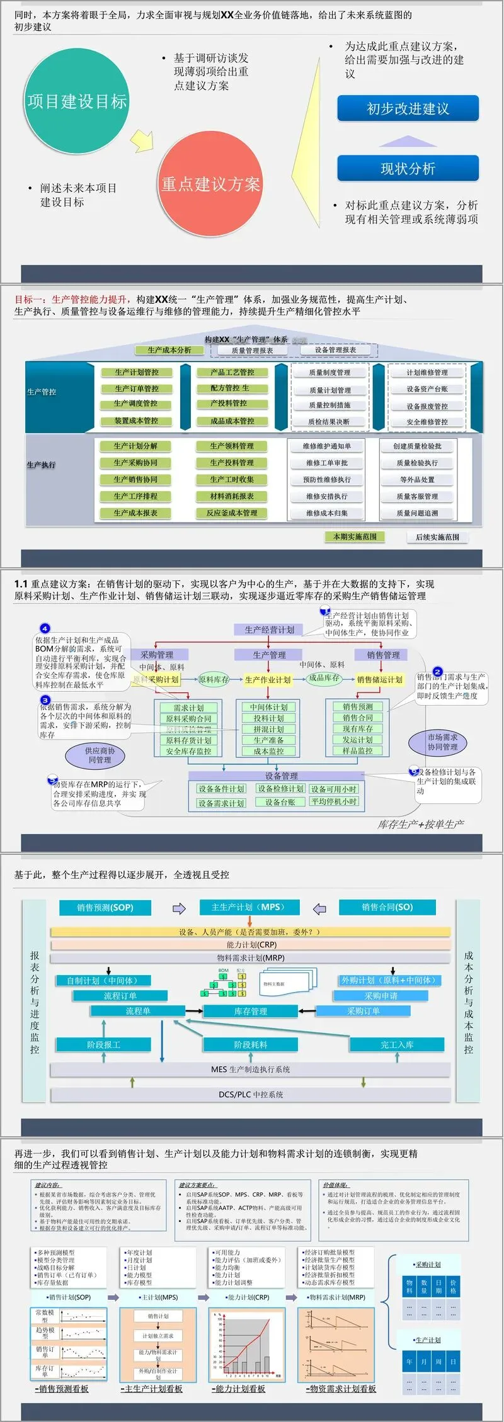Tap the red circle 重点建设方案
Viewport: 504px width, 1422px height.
210,184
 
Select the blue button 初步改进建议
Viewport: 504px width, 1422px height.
408,109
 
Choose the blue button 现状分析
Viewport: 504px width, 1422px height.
408,169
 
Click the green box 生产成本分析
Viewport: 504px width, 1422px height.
169,350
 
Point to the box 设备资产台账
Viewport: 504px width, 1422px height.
427,389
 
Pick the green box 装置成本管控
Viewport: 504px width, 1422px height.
136,420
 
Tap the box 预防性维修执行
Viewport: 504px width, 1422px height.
327,480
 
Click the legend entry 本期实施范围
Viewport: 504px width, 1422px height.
355,537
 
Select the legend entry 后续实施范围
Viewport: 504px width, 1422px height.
437,537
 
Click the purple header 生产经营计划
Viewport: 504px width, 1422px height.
269,629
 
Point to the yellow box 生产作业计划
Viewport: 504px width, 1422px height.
268,680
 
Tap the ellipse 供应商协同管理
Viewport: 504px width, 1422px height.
100,755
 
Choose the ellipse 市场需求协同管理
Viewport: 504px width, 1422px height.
442,742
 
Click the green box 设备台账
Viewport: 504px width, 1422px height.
280,802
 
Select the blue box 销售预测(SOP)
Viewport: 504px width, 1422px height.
105,907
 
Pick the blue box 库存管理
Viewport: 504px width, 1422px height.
250,1011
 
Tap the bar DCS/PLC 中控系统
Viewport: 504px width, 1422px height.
251,1094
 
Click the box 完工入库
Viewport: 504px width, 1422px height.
397,1044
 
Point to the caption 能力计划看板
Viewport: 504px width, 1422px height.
240,1389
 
